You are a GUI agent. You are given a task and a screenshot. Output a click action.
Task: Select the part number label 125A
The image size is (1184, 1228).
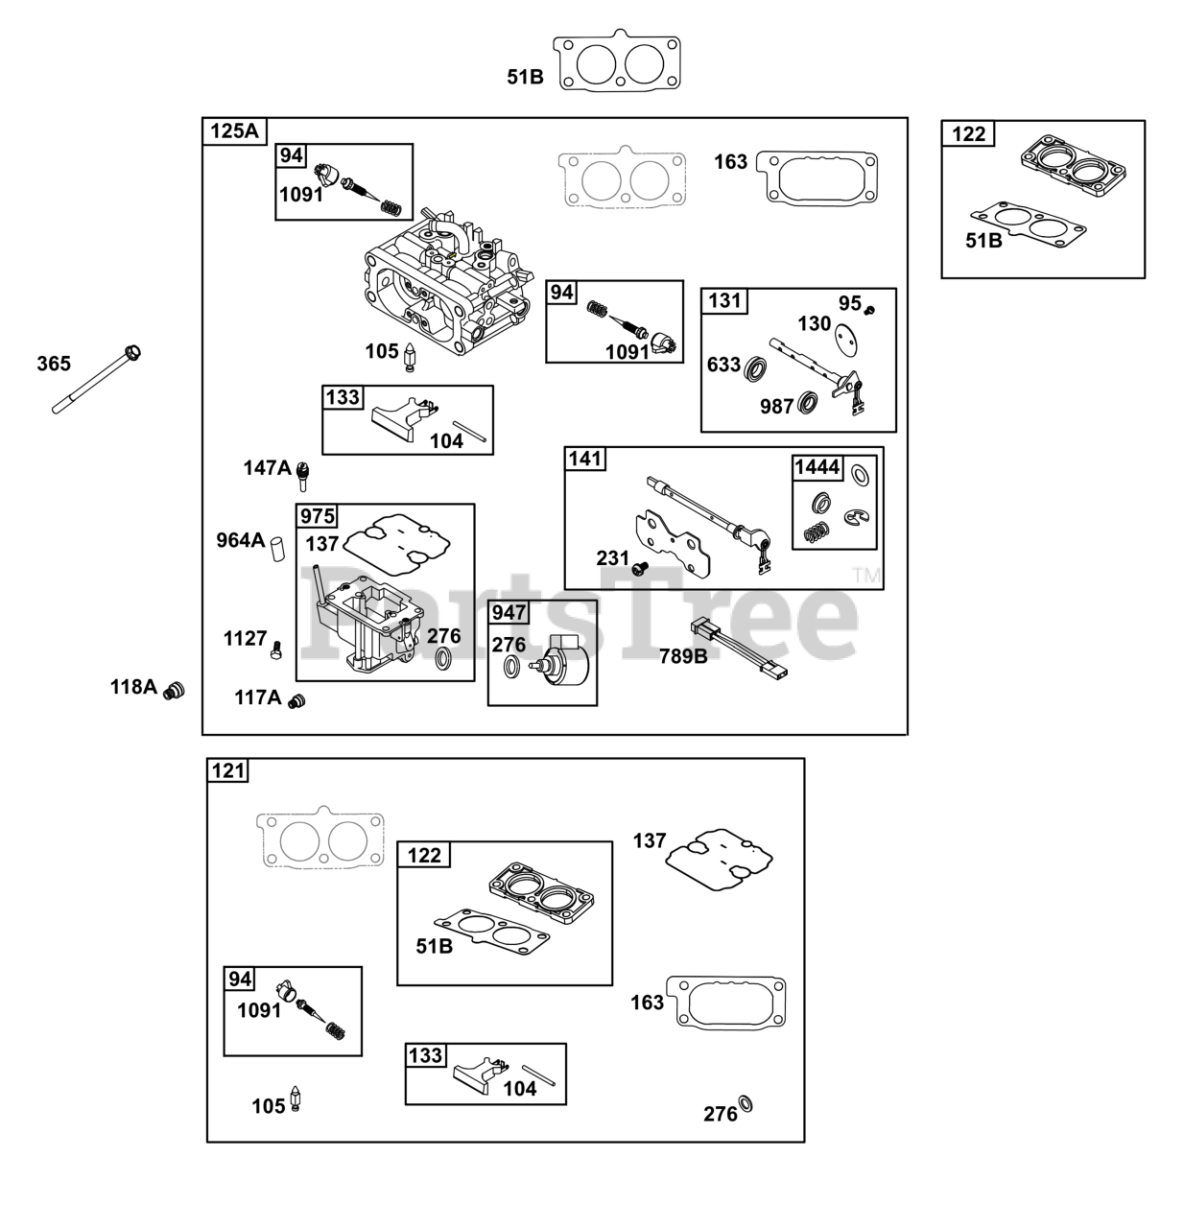(x=234, y=131)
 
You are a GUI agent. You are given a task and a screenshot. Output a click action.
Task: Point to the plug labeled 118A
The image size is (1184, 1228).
(x=174, y=691)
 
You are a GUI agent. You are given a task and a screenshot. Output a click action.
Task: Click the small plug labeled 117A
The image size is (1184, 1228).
(x=296, y=701)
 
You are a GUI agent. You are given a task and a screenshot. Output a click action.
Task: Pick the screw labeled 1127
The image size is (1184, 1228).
(x=276, y=650)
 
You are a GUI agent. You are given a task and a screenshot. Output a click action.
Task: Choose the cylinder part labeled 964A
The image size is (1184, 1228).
(x=277, y=549)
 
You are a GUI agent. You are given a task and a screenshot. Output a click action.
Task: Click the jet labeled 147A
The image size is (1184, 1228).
(x=303, y=476)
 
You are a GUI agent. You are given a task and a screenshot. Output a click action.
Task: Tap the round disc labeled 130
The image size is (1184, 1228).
(x=846, y=336)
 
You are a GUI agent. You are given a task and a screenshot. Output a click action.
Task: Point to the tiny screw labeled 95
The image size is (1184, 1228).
(x=870, y=311)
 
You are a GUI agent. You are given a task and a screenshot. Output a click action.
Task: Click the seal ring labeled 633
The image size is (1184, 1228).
(x=755, y=367)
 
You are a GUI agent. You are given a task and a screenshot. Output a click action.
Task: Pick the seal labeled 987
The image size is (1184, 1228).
(x=807, y=403)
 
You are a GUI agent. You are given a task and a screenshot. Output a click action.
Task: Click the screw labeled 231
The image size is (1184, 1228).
(x=639, y=568)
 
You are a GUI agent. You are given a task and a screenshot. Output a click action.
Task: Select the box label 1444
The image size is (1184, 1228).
(x=817, y=467)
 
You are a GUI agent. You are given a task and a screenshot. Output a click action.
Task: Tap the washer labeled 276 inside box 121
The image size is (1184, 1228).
(x=746, y=1105)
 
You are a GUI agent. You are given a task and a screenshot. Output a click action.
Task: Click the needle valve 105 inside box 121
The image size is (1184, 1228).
(x=295, y=1098)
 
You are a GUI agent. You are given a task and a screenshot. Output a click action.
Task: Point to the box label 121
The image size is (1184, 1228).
(x=227, y=771)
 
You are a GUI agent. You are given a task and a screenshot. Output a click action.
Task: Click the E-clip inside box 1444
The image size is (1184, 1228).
(x=855, y=516)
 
